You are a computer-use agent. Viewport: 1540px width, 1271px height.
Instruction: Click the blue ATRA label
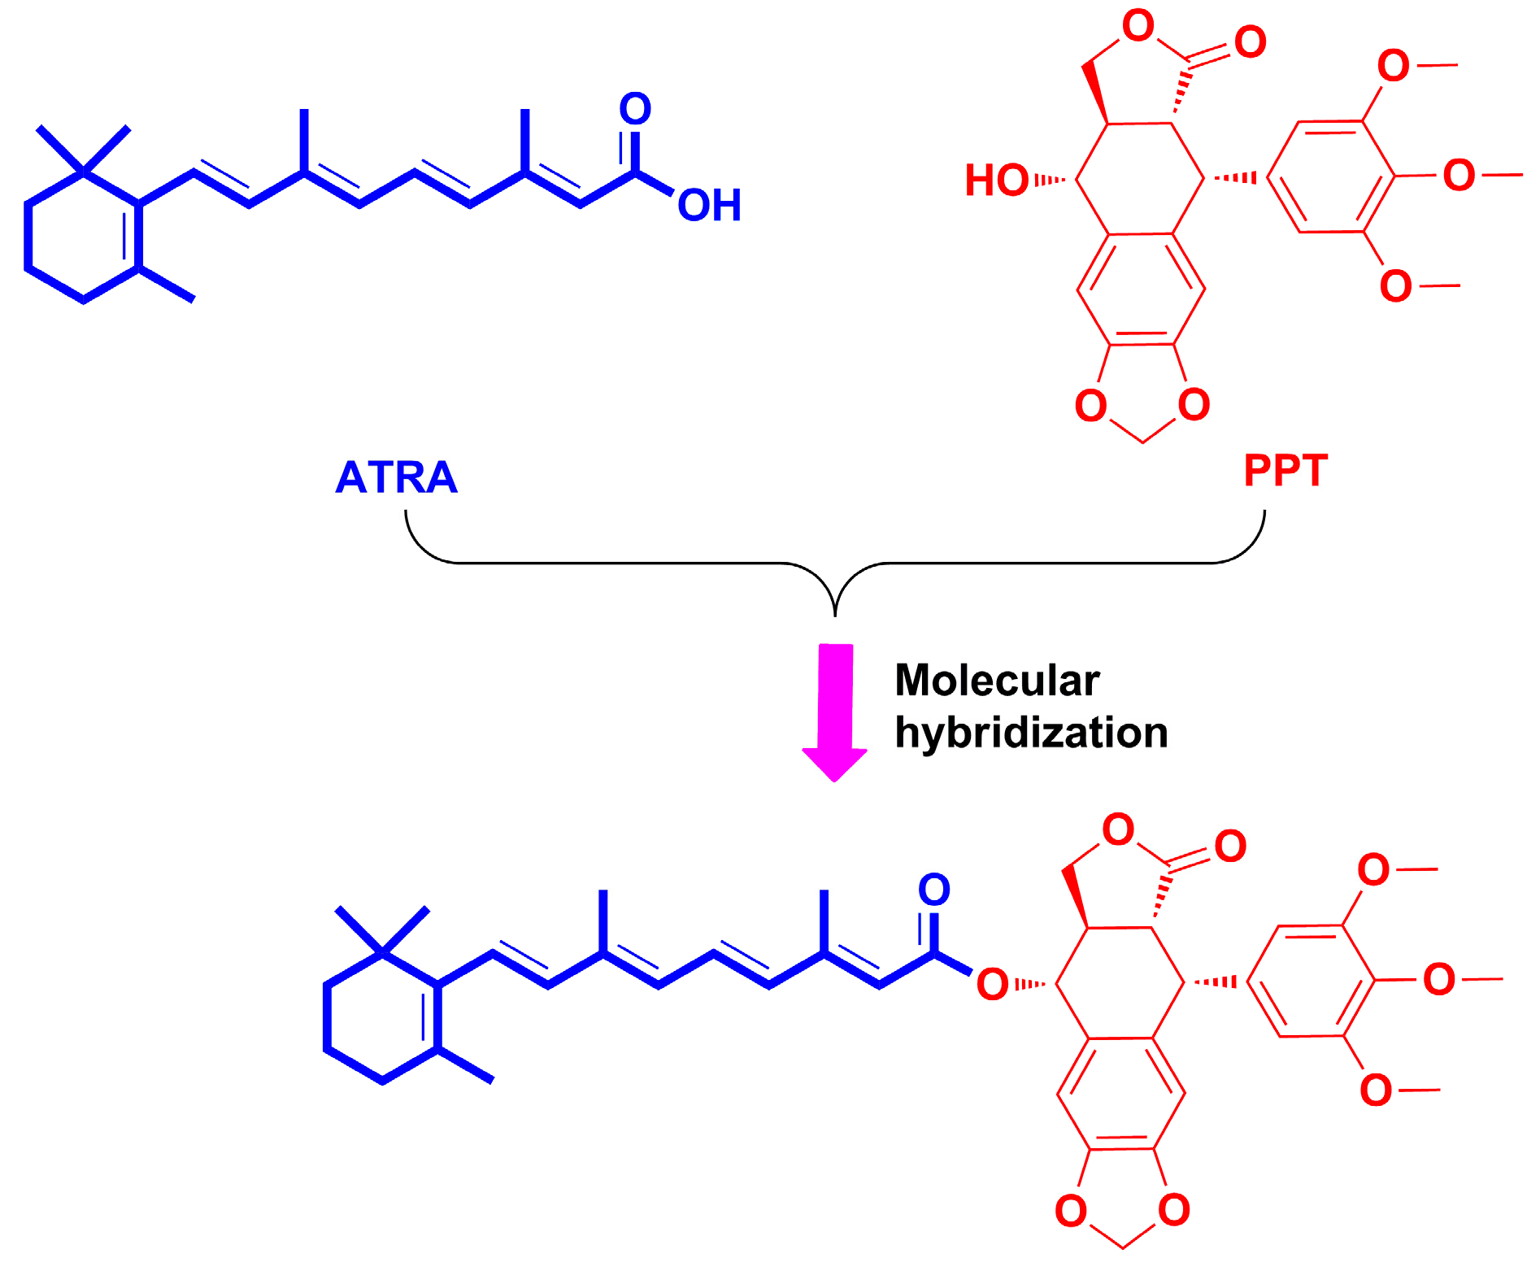pyautogui.click(x=396, y=477)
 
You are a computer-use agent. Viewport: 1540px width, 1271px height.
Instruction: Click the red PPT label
pyautogui.click(x=1286, y=471)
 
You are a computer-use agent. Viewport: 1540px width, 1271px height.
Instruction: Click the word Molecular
pyautogui.click(x=997, y=681)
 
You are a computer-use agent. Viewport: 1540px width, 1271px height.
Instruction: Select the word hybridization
pyautogui.click(x=1031, y=733)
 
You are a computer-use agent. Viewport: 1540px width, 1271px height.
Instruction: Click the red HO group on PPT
pyautogui.click(x=997, y=181)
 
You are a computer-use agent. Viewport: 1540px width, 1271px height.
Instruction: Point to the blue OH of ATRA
pyautogui.click(x=709, y=206)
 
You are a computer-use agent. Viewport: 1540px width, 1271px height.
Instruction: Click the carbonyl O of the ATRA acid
pyautogui.click(x=635, y=109)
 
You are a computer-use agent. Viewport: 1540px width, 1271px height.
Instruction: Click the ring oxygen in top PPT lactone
pyautogui.click(x=1138, y=26)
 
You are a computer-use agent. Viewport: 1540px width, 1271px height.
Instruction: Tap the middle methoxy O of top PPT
pyautogui.click(x=1459, y=176)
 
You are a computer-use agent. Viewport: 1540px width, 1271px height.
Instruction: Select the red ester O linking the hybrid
pyautogui.click(x=993, y=985)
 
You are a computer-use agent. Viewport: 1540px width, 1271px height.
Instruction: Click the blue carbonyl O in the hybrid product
pyautogui.click(x=934, y=890)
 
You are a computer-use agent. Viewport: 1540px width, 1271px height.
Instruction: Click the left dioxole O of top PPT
pyautogui.click(x=1091, y=405)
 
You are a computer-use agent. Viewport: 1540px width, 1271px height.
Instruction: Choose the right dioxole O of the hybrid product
pyautogui.click(x=1174, y=1210)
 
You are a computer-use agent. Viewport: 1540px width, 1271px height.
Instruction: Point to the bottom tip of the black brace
pyautogui.click(x=835, y=614)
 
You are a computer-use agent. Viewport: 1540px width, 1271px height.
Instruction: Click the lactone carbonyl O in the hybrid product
pyautogui.click(x=1230, y=847)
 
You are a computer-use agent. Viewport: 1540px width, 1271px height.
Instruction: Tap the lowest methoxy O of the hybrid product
pyautogui.click(x=1376, y=1090)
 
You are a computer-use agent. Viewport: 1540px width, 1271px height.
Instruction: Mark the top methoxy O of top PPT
pyautogui.click(x=1394, y=66)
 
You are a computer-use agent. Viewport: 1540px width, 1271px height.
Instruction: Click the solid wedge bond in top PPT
pyautogui.click(x=1095, y=94)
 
